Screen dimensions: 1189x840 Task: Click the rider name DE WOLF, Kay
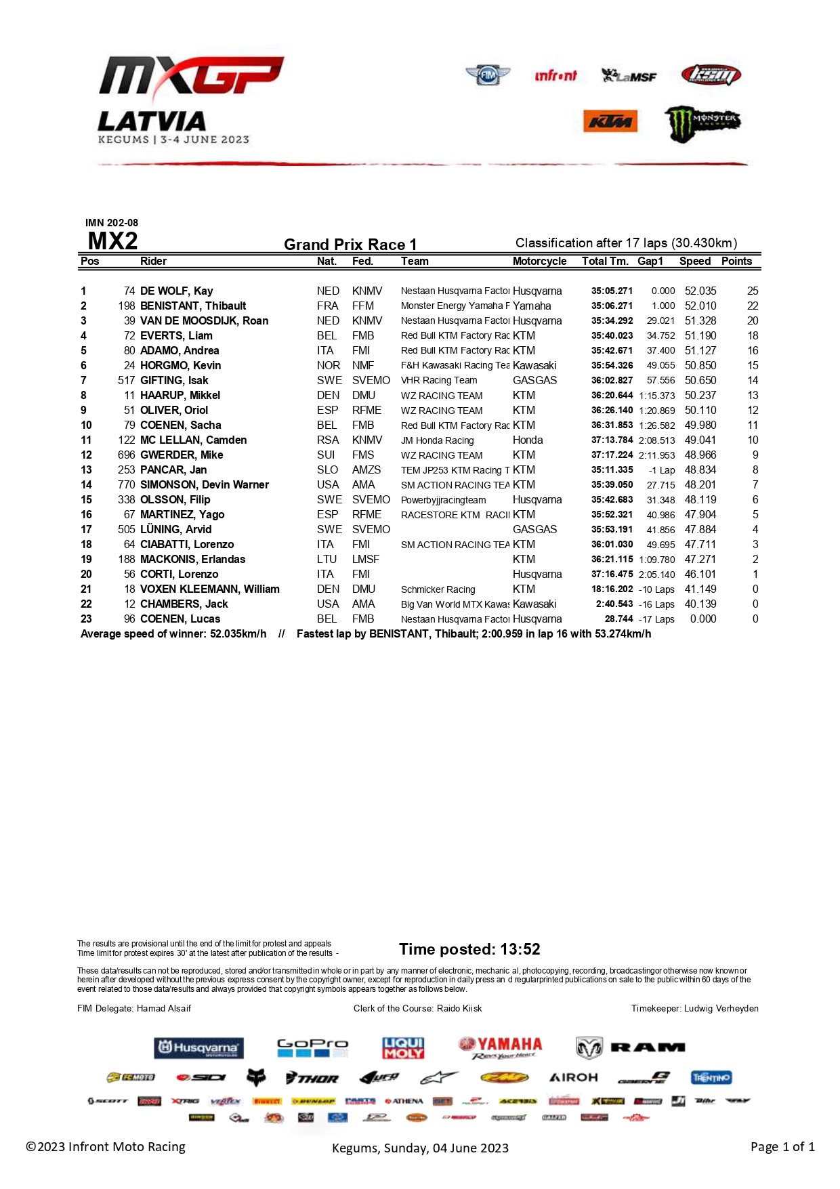pyautogui.click(x=176, y=291)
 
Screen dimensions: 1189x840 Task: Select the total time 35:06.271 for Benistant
pyautogui.click(x=612, y=306)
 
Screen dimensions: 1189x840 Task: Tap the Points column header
pyautogui.click(x=736, y=261)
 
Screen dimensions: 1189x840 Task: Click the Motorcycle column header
pyautogui.click(x=539, y=261)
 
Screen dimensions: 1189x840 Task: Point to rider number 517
pyautogui.click(x=127, y=380)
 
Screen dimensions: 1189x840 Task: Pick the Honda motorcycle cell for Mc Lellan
pyautogui.click(x=528, y=440)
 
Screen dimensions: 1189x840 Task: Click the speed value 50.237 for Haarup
pyautogui.click(x=700, y=395)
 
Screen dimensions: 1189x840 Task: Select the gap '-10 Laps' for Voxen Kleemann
pyautogui.click(x=656, y=589)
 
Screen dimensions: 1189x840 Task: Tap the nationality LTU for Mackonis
pyautogui.click(x=327, y=559)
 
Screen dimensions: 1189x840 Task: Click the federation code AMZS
pyautogui.click(x=366, y=470)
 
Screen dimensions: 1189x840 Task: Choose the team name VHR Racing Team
pyautogui.click(x=439, y=380)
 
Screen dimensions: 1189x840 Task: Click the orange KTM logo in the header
pyautogui.click(x=610, y=121)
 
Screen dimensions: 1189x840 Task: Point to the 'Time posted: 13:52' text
pyautogui.click(x=469, y=949)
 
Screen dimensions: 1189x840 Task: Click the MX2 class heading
pyautogui.click(x=112, y=241)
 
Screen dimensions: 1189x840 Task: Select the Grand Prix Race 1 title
pyautogui.click(x=350, y=244)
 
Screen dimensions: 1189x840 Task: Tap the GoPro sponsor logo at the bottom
pyautogui.click(x=312, y=1047)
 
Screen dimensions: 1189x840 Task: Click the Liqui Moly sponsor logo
pyautogui.click(x=403, y=1047)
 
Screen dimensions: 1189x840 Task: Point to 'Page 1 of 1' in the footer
pyautogui.click(x=782, y=1146)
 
